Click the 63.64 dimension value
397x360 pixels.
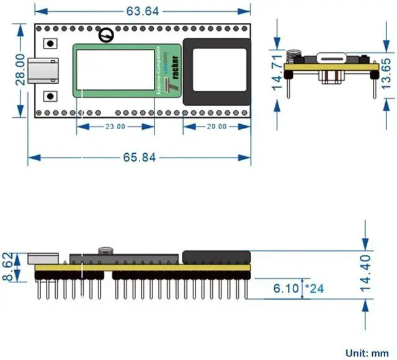coord(142,11)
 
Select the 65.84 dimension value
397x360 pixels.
coord(140,157)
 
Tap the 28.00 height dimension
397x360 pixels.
coord(20,69)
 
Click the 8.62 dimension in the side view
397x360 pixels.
coord(8,266)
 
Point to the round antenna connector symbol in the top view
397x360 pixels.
coord(107,35)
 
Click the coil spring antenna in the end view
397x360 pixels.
coord(294,55)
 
